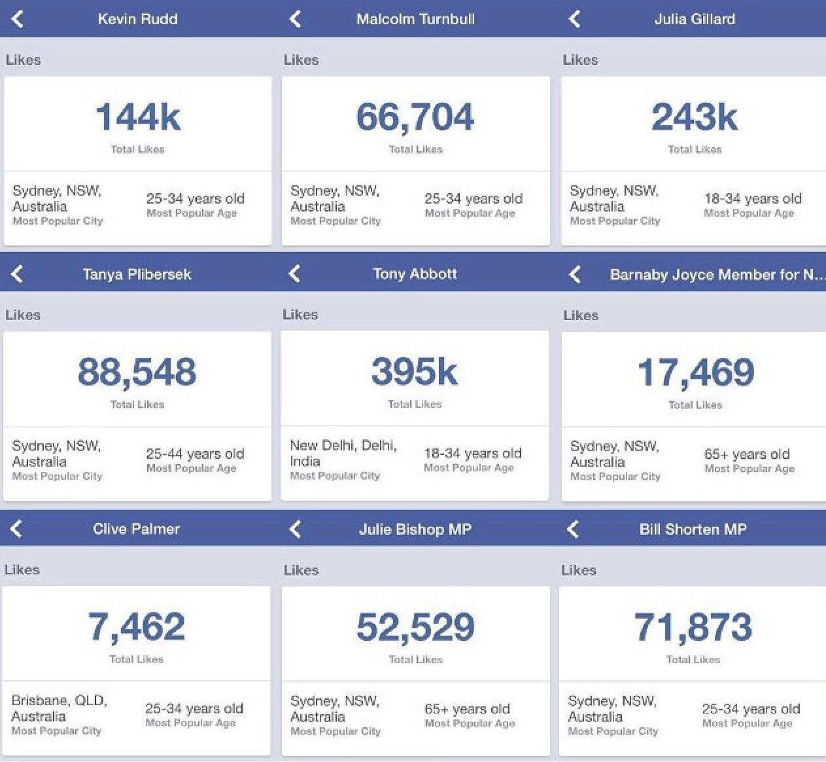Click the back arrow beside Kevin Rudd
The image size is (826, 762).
click(x=18, y=19)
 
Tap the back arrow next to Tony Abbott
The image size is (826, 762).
click(x=295, y=274)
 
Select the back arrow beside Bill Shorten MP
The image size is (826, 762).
click(x=574, y=529)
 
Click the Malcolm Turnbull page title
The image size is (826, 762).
click(x=415, y=19)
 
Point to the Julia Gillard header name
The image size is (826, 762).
click(x=695, y=19)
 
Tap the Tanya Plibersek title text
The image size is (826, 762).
click(x=137, y=274)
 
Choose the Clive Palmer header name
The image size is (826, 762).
click(x=136, y=529)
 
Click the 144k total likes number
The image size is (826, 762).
click(x=138, y=118)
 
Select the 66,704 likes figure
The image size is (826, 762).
click(x=415, y=118)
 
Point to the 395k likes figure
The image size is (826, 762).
click(x=415, y=372)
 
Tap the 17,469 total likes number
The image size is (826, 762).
click(x=695, y=372)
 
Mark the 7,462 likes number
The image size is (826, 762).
click(x=137, y=626)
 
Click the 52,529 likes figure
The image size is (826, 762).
click(x=415, y=627)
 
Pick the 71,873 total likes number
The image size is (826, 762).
click(x=693, y=627)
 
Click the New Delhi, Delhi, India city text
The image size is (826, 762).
click(x=343, y=453)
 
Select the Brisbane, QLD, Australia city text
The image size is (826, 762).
click(x=59, y=708)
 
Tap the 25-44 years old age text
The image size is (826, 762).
click(x=195, y=454)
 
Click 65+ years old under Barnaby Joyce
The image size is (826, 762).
click(x=747, y=454)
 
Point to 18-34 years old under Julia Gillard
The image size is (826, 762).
click(x=753, y=198)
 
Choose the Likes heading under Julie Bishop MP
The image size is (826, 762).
click(x=301, y=570)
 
